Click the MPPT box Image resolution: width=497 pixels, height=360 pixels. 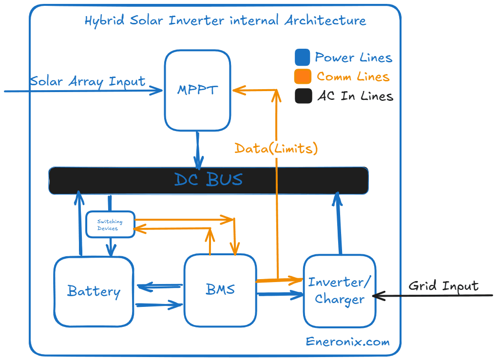[197, 90]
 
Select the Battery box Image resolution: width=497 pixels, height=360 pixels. [94, 291]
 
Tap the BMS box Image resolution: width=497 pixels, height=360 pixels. [220, 289]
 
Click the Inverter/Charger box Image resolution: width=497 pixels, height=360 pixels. [340, 291]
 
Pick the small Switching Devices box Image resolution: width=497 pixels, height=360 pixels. [110, 225]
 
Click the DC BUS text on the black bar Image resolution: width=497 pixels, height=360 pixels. [209, 180]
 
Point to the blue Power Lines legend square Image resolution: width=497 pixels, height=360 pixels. [303, 57]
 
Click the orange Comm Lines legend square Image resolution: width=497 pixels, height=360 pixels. [303, 76]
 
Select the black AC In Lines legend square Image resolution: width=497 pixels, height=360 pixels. [303, 96]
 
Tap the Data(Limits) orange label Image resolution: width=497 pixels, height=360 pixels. [276, 148]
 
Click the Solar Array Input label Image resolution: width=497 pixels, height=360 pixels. [88, 81]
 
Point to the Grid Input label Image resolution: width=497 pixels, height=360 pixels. [443, 285]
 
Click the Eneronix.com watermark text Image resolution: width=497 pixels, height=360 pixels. [347, 341]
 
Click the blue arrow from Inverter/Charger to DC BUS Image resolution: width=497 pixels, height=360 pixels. [338, 224]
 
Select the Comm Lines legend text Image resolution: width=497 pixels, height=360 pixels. [353, 76]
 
